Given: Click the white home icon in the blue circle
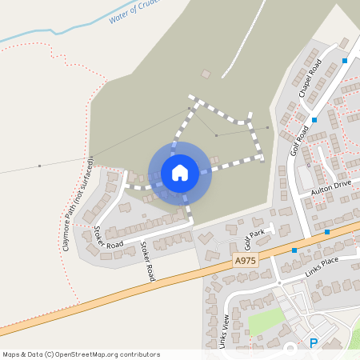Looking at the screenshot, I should pos(180,173).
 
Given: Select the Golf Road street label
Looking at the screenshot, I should pos(301,140).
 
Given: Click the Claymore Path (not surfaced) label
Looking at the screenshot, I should pos(78,203).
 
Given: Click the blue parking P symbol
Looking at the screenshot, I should pos(314,343).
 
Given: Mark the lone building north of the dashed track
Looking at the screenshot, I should pos(206,74).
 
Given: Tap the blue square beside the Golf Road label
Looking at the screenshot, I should pos(314,120).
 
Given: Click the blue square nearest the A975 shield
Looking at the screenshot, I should pos(294,250).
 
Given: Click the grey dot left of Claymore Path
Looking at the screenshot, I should pos(39,166).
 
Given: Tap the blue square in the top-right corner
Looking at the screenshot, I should pos(345,61).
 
